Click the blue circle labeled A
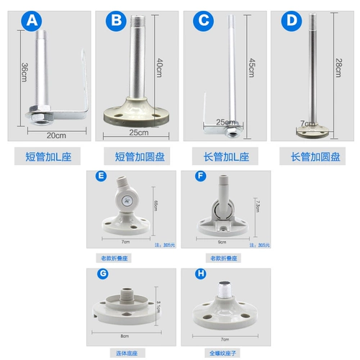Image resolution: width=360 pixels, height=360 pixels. [x=30, y=21]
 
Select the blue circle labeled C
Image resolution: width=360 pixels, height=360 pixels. [x=204, y=21]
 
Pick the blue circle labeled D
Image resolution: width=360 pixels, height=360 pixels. [x=292, y=21]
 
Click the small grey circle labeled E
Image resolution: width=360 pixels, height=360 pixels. [x=101, y=175]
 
